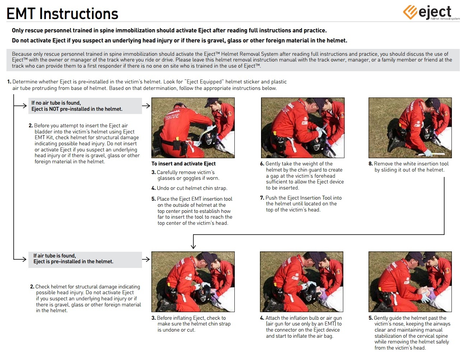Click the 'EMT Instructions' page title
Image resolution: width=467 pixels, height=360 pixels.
62,14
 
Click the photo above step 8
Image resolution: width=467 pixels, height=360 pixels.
410,128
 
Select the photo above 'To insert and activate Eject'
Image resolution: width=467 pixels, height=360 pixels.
193,128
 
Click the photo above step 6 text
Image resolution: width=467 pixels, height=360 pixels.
302,128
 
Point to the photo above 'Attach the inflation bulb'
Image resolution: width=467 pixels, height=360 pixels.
301,281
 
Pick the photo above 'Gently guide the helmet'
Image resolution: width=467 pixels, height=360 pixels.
410,281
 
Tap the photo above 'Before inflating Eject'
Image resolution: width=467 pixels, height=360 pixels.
193,281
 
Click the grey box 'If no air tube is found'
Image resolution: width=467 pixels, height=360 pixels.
85,106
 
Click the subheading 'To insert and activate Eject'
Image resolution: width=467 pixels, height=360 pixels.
183,164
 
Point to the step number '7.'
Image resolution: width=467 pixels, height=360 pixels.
262,198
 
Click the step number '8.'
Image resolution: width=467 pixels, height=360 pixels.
371,164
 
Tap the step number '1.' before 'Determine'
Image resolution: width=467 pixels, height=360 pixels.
9,82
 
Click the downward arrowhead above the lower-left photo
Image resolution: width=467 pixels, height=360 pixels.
193,246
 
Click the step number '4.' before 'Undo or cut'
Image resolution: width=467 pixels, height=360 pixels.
154,188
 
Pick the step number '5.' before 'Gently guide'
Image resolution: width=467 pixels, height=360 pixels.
371,318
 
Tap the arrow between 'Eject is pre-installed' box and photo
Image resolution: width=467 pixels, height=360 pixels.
146,259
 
